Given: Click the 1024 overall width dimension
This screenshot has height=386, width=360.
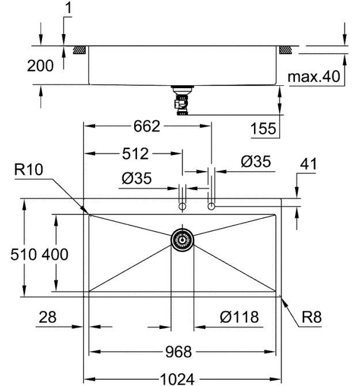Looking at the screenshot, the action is click(x=177, y=379).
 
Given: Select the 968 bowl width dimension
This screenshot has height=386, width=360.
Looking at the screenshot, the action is click(x=179, y=352).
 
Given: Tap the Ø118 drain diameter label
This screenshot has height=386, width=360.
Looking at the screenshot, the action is click(x=239, y=317).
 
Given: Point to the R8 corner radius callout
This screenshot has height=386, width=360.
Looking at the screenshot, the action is click(x=312, y=317).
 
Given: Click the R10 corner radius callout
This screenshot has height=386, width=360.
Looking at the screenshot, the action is click(x=29, y=169).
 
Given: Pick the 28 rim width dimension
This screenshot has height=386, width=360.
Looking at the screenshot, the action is click(x=47, y=317).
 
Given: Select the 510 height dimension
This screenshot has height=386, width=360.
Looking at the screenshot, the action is click(x=24, y=254).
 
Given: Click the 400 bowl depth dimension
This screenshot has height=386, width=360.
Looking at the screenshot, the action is click(x=55, y=254).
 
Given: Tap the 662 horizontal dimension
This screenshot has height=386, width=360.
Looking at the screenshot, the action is click(x=147, y=126).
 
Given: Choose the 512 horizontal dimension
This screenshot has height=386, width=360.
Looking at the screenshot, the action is click(x=135, y=154).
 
